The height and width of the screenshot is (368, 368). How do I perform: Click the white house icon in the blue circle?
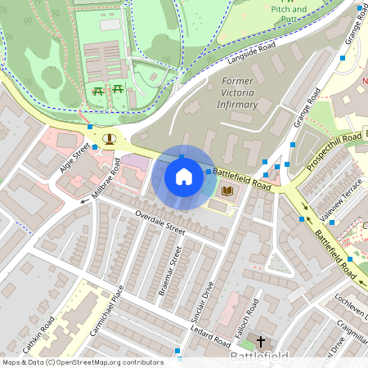pos(184,176)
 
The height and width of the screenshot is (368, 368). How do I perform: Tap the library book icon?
pos(227,191)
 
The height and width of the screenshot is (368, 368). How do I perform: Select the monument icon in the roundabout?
pos(109,138)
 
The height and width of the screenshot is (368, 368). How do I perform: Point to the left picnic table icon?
pos(98,92)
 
